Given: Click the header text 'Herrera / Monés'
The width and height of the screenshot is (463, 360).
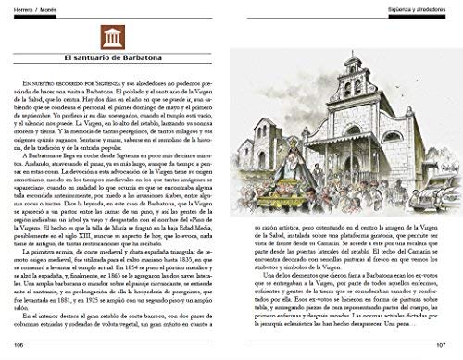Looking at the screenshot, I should point(29,6).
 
